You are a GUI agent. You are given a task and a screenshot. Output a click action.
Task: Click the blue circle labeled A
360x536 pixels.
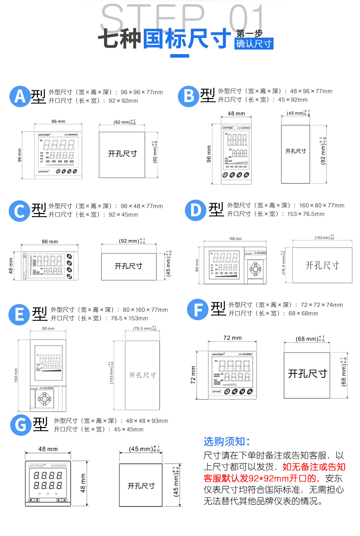pyautogui.click(x=20, y=96)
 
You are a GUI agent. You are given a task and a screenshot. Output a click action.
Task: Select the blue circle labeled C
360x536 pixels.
pyautogui.click(x=19, y=211)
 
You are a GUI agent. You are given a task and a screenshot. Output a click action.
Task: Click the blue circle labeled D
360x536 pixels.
pyautogui.click(x=195, y=210)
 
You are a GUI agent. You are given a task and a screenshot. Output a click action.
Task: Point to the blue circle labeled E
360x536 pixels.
pyautogui.click(x=19, y=314)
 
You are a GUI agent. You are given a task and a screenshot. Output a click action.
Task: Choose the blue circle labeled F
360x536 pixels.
pyautogui.click(x=198, y=310)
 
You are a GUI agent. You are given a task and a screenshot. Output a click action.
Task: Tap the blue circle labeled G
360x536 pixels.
pyautogui.click(x=21, y=425)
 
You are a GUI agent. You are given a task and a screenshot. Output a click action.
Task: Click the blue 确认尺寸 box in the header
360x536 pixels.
pyautogui.click(x=254, y=44)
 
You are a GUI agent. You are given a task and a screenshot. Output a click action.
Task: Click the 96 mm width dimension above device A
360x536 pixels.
pyautogui.click(x=58, y=121)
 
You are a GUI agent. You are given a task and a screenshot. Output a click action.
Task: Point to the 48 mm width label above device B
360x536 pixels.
pyautogui.click(x=236, y=114)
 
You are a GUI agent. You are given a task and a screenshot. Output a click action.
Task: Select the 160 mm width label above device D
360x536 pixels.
pyautogui.click(x=235, y=239)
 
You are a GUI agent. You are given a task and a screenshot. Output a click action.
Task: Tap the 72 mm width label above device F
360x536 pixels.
pyautogui.click(x=232, y=338)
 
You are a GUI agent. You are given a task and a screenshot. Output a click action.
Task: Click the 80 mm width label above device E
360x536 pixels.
pyautogui.click(x=48, y=328)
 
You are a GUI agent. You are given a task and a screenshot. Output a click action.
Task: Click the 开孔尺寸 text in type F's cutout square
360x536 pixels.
pyautogui.click(x=308, y=374)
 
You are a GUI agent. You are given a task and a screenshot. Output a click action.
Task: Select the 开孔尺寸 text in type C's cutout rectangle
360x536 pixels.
pyautogui.click(x=129, y=266)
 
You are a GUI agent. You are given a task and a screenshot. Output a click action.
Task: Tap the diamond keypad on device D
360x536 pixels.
pyautogui.click(x=256, y=269)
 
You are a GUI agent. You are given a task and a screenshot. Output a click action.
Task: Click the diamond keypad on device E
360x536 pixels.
pyautogui.click(x=45, y=399)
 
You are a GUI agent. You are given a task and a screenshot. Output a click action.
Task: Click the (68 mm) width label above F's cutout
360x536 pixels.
pyautogui.click(x=307, y=339)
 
